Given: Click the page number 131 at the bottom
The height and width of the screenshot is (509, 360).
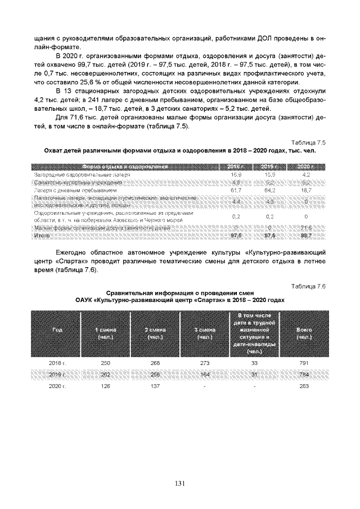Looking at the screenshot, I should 180,483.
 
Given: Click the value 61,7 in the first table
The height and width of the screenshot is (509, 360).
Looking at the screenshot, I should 236,192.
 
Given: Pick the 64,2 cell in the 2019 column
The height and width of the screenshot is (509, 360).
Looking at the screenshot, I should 271,192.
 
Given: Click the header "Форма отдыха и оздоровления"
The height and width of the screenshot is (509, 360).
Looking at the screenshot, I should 125,167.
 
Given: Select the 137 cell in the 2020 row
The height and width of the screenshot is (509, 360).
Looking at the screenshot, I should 154,386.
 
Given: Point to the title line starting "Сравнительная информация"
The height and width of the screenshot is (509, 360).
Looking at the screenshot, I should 180,293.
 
